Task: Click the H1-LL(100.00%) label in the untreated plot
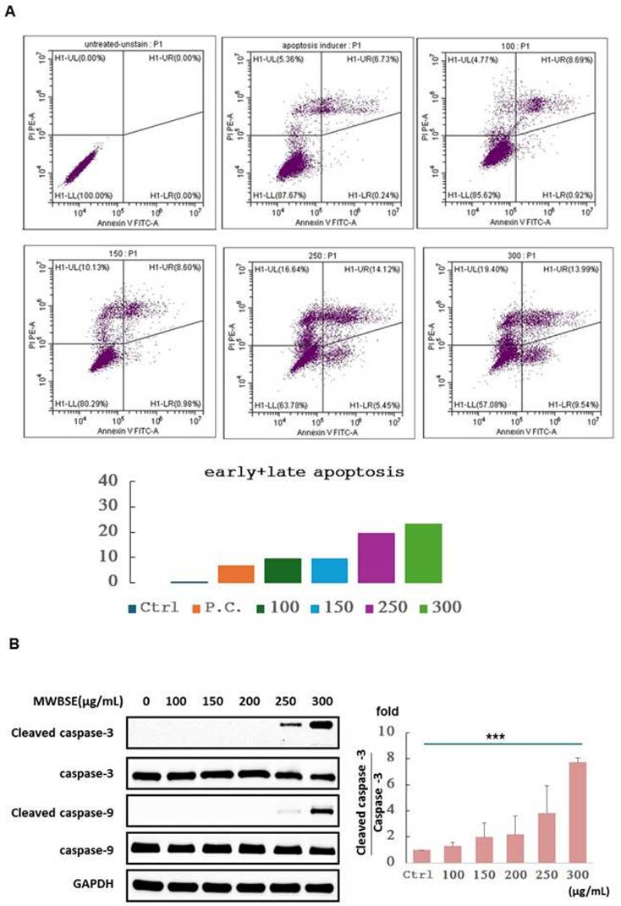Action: pyautogui.click(x=85, y=197)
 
